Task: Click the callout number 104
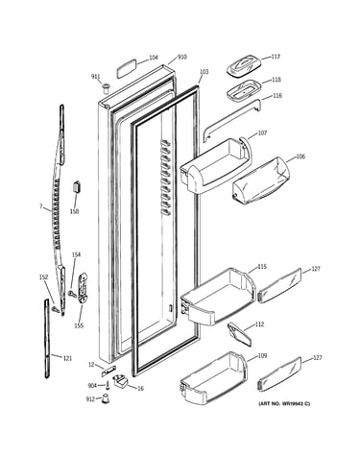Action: [154, 58]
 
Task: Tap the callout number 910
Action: [182, 58]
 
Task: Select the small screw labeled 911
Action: [106, 88]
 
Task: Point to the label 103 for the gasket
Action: [204, 72]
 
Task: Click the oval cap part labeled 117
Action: [245, 65]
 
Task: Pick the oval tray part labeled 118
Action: [245, 89]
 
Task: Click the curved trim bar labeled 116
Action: [232, 119]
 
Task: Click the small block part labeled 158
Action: [77, 186]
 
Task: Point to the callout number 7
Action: [40, 206]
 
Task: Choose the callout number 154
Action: [76, 254]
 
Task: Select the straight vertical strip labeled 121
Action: [47, 338]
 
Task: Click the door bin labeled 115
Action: [218, 295]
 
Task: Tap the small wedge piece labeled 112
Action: [240, 335]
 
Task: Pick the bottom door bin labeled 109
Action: [214, 378]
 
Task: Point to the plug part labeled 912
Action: [105, 398]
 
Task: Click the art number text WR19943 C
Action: [295, 404]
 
